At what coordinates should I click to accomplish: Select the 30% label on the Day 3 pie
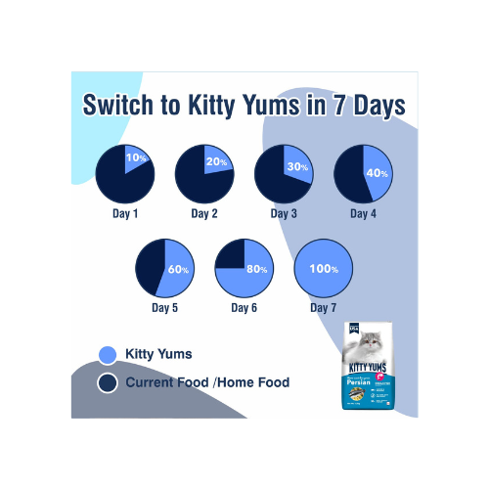297,167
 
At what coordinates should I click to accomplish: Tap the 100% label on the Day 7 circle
324,268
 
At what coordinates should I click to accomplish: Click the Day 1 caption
123,213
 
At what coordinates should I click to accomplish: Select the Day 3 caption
284,213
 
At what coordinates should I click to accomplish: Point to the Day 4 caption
364,213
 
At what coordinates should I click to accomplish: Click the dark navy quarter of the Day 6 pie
230,253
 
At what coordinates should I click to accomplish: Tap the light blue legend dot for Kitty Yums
108,355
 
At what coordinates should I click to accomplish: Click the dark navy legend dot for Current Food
108,382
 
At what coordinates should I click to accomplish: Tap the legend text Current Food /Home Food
207,382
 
